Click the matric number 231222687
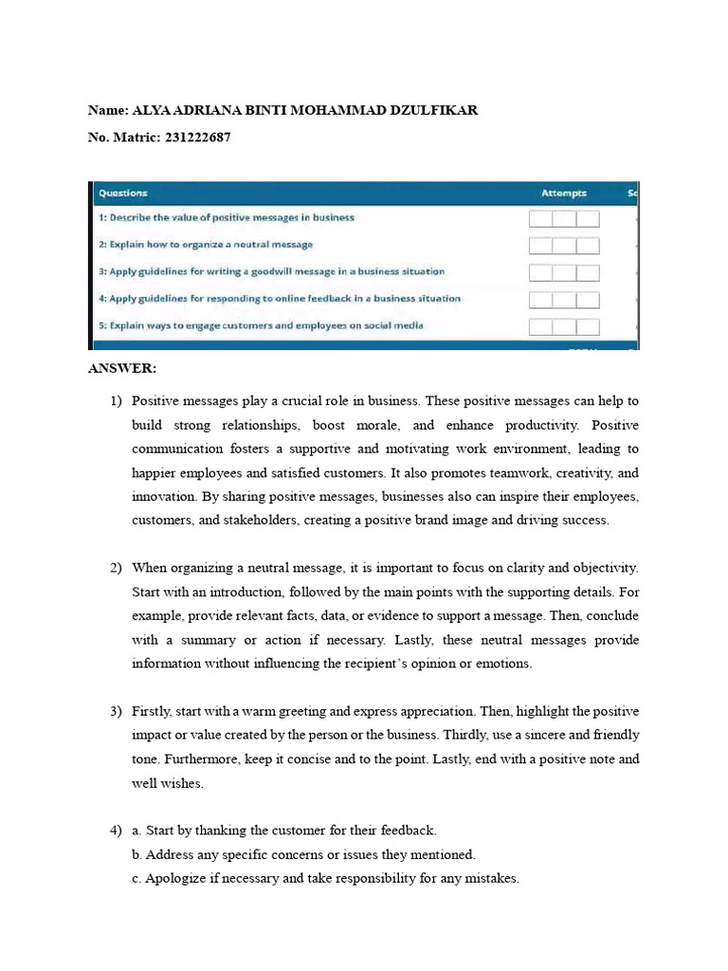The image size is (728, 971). pos(197,137)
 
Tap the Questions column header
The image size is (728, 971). pos(123,193)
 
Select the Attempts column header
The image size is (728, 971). pos(564,193)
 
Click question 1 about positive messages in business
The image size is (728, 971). pos(227,217)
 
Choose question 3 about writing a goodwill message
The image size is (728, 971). pos(271,271)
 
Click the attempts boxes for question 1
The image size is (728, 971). pos(564,219)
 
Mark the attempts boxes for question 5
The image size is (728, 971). pos(564,327)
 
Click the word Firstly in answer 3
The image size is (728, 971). pos(153,711)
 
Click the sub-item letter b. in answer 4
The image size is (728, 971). pos(137,854)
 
